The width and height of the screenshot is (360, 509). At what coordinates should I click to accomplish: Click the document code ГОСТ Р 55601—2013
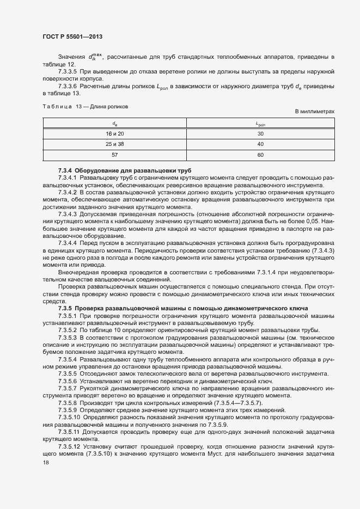[72, 37]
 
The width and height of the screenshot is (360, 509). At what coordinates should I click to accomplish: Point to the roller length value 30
[260, 133]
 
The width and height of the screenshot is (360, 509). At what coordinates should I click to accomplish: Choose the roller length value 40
[260, 144]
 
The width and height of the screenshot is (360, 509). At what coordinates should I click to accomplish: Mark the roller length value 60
[260, 155]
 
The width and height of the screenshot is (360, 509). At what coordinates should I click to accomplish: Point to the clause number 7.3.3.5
[67, 72]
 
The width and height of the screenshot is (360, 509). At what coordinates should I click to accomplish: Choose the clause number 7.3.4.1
[67, 178]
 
